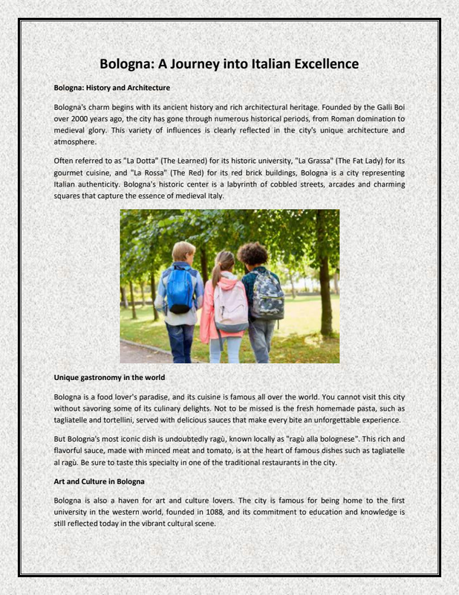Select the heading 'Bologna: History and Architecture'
pos(112,88)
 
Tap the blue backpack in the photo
pos(180,291)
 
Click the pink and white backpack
pos(231,305)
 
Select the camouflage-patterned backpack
pos(267,295)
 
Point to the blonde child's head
pos(183,251)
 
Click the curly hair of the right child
pos(253,253)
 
